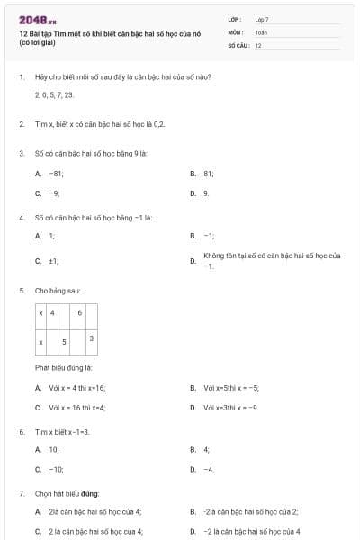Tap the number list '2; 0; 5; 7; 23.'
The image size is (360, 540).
(x=54, y=94)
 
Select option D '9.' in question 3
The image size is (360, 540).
(x=206, y=193)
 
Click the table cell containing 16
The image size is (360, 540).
(x=78, y=312)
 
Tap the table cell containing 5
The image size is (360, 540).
(x=64, y=343)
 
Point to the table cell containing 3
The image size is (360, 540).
(x=92, y=337)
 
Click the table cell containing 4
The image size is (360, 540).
(x=52, y=312)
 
